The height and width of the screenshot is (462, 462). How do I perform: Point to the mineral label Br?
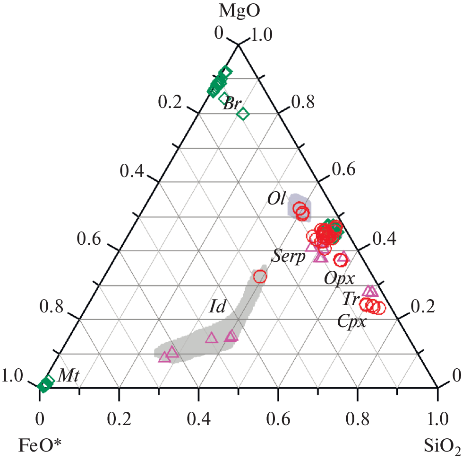click(231, 105)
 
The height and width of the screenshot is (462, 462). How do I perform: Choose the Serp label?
click(288, 257)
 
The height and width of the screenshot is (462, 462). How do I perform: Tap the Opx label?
click(340, 278)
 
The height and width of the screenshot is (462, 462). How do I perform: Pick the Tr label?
click(351, 299)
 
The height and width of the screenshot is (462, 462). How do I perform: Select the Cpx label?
click(352, 322)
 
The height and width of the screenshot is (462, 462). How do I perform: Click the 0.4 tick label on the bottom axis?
click(198, 418)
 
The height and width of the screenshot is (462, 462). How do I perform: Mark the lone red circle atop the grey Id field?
click(260, 276)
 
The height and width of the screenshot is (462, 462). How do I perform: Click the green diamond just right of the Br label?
click(243, 114)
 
